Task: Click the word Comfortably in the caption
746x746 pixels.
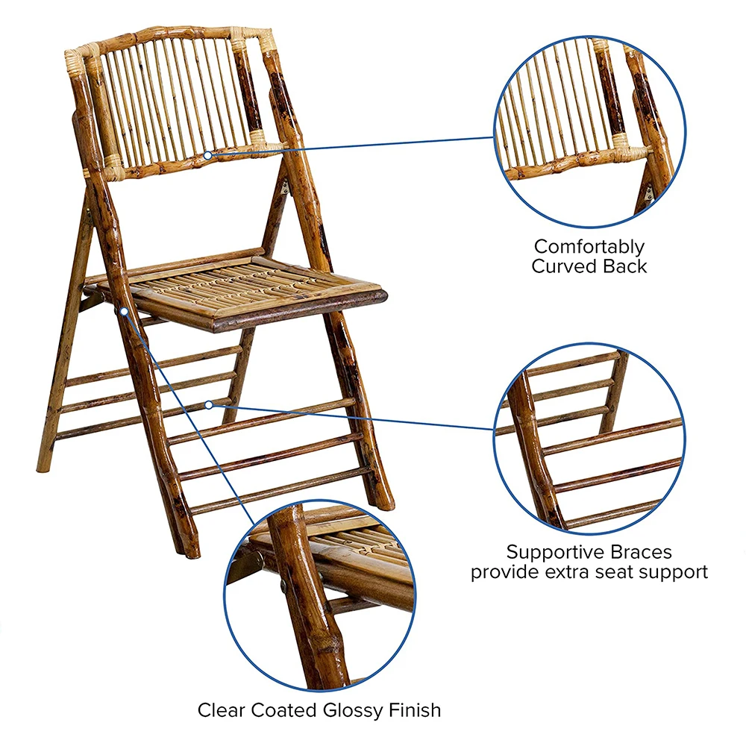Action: [x=589, y=246]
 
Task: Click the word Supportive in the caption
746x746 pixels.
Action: [x=553, y=553]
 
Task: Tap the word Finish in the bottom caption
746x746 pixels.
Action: [x=414, y=709]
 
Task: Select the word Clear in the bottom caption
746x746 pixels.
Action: [x=221, y=709]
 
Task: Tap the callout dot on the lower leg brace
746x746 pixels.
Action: [x=209, y=404]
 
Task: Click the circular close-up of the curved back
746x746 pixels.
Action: [x=589, y=131]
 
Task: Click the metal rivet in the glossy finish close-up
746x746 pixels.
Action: [x=284, y=589]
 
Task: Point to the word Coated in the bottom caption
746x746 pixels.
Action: [x=283, y=709]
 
